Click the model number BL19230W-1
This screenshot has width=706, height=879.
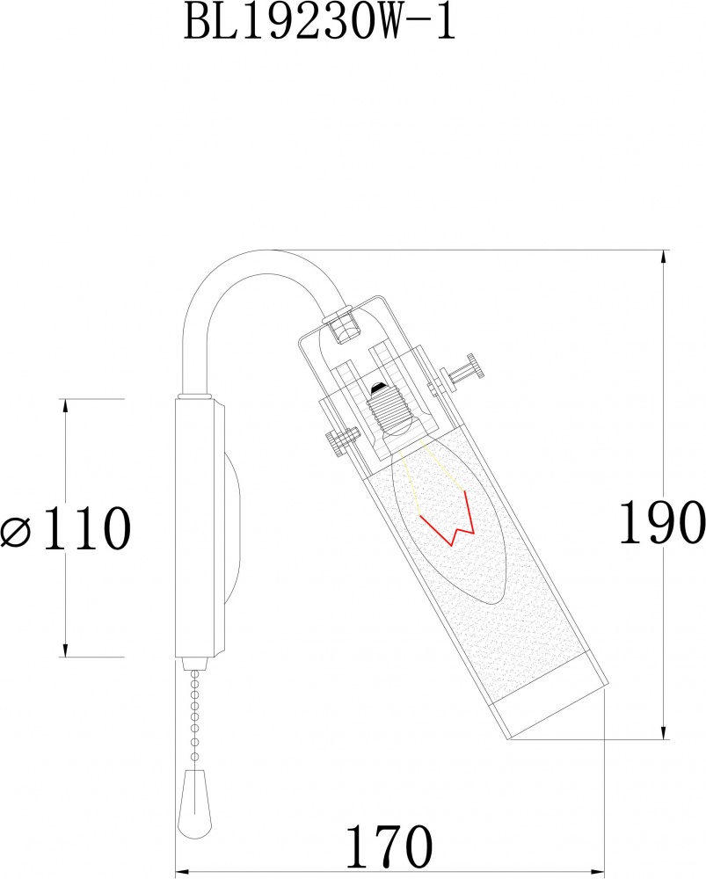pos(320,23)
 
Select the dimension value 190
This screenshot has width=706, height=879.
pos(661,525)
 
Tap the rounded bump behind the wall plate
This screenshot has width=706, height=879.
pos(235,527)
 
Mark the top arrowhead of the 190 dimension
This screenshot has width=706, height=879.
pos(662,257)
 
